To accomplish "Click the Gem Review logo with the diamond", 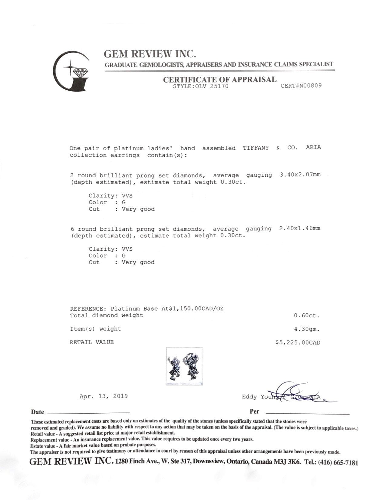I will click(71, 71).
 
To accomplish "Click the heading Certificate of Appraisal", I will click(219, 80).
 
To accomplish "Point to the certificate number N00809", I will click(301, 86).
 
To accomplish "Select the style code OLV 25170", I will click(200, 86).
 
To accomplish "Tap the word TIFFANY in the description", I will click(256, 148).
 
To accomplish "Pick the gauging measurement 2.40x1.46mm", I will click(299, 228).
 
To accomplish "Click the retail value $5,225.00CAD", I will click(298, 343).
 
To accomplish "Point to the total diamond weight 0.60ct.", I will click(307, 315).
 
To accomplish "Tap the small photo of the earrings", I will click(184, 366).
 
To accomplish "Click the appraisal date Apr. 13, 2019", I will click(104, 396).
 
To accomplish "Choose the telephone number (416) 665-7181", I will click(338, 463).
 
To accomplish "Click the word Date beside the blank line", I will click(38, 412).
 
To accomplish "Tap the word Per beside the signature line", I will click(254, 412).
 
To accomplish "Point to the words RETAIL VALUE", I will click(92, 342).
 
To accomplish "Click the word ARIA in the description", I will click(313, 148).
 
